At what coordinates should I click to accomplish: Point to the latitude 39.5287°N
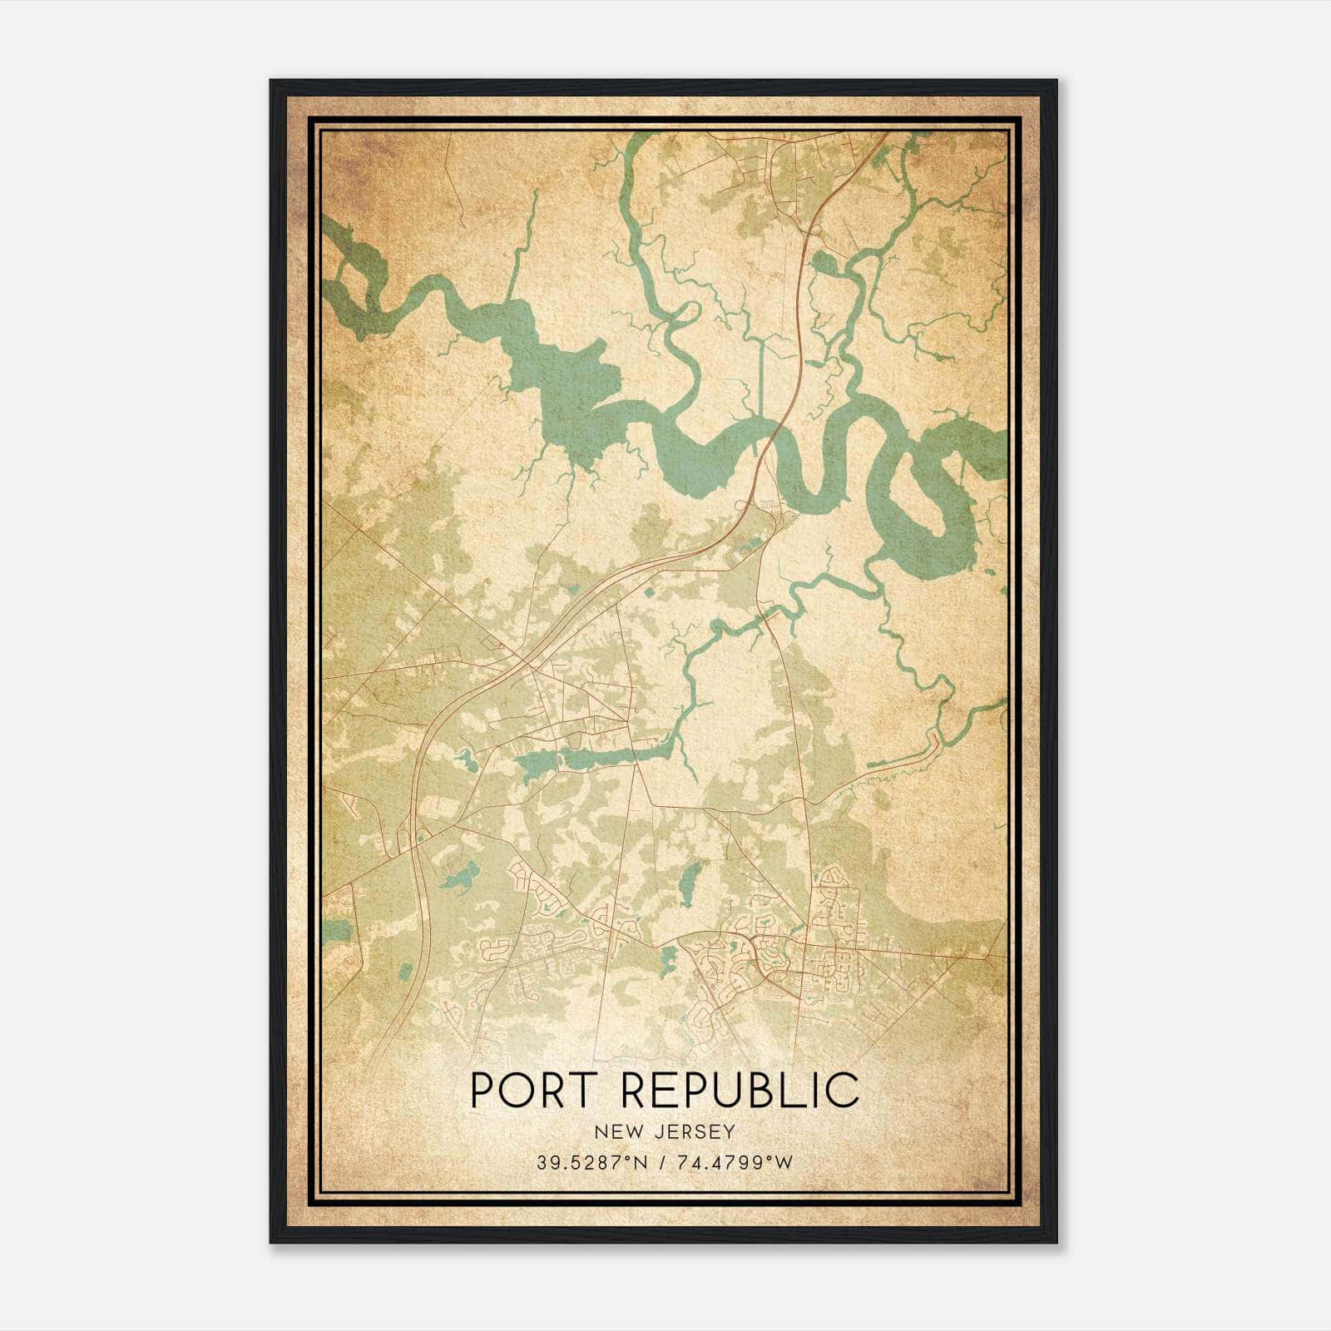click(592, 1162)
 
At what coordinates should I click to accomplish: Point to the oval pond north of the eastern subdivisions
click(688, 883)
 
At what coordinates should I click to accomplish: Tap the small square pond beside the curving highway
click(648, 593)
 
